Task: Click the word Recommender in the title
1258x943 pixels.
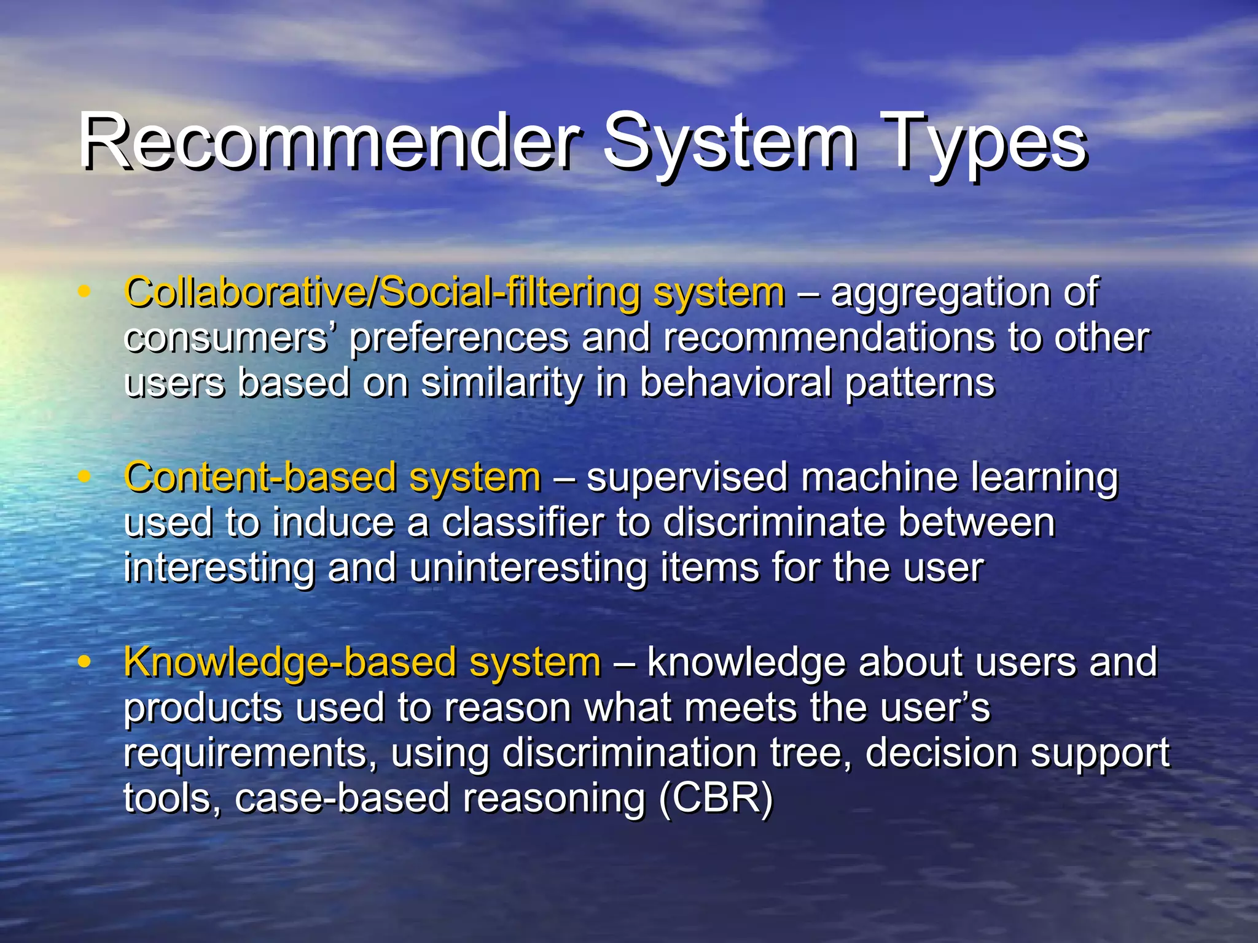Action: (x=329, y=142)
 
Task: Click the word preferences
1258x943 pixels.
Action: (x=458, y=339)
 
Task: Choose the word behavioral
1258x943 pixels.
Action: (x=735, y=383)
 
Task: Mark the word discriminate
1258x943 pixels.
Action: (x=773, y=523)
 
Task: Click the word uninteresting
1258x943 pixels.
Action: (x=528, y=569)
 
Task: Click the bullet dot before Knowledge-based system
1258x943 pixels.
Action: (x=84, y=662)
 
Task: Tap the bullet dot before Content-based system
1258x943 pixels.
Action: (x=84, y=476)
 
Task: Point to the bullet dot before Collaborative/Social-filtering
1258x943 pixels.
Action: (x=84, y=292)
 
